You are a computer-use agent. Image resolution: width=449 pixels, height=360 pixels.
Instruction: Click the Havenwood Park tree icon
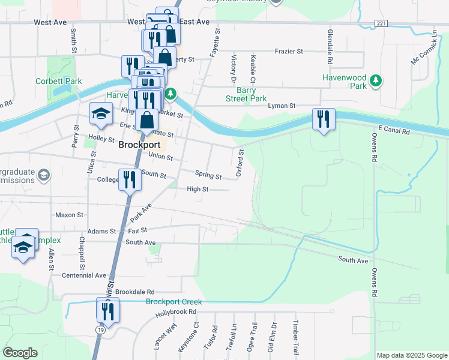(x=376, y=81)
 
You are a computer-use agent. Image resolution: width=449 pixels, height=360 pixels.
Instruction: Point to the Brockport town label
(x=139, y=145)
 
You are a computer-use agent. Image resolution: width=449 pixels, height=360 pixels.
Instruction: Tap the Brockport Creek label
(x=173, y=302)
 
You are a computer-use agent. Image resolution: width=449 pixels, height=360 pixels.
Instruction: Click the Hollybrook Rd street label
(x=176, y=313)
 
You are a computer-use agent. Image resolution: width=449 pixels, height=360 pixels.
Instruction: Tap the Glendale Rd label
(x=330, y=47)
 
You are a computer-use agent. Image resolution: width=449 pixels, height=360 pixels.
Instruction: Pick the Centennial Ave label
(x=84, y=275)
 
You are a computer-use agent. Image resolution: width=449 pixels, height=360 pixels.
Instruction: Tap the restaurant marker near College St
(x=130, y=179)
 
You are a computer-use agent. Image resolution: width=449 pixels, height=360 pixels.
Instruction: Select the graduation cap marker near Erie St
(x=101, y=113)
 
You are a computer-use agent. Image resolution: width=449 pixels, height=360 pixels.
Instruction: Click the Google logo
(x=20, y=353)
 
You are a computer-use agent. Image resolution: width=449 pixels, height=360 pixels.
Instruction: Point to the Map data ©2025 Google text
(x=411, y=355)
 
